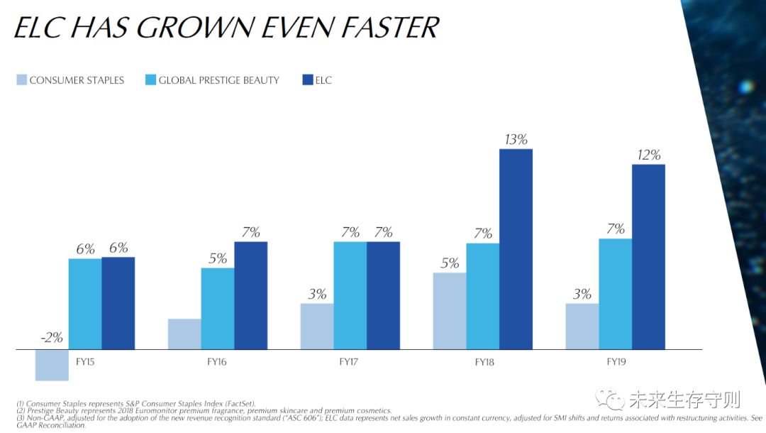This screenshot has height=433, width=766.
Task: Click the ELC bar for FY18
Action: point(516,248)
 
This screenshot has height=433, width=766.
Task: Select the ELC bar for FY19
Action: point(648,256)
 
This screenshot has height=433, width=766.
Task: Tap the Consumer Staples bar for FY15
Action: point(52,365)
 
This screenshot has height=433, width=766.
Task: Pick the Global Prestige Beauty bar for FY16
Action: point(218,308)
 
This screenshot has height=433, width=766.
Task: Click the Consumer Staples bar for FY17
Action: point(317,326)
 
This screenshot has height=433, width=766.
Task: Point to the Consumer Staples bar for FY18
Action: point(450,310)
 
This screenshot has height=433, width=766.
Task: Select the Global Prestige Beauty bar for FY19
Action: point(615,293)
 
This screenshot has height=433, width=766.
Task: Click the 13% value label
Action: point(516,139)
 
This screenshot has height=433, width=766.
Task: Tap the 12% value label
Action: point(648,155)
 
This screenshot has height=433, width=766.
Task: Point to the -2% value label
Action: point(52,338)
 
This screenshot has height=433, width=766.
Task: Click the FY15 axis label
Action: point(85,361)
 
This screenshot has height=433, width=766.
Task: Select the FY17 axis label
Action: point(350,361)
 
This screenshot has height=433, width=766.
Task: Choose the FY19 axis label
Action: point(615,361)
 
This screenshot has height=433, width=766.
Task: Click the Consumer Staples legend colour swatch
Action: point(22,80)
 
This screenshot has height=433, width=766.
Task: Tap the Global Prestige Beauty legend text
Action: point(218,80)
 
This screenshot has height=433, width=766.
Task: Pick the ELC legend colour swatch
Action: point(307,80)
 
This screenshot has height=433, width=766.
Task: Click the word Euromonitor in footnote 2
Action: point(151,411)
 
